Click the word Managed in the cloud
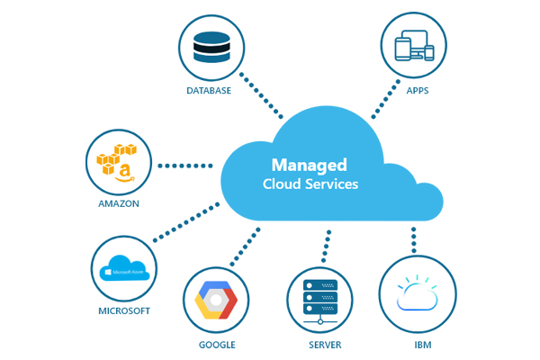coord(310,166)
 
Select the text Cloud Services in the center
coord(310,184)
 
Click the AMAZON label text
coord(119,203)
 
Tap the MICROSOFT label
coord(123,311)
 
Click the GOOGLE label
coord(217,345)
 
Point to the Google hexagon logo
coord(217,301)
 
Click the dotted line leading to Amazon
coord(184,166)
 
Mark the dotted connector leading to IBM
coord(413,238)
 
